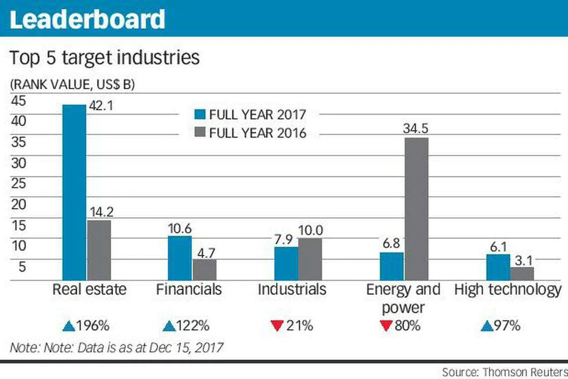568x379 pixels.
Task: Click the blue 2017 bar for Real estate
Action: click(74, 192)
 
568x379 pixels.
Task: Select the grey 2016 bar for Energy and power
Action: click(417, 209)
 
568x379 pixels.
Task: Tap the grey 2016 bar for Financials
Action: click(205, 269)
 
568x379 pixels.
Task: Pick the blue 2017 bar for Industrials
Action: click(286, 264)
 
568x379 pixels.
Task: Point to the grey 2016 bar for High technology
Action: click(522, 273)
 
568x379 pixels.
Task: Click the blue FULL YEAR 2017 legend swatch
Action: click(200, 114)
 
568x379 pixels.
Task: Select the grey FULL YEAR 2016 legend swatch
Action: click(200, 132)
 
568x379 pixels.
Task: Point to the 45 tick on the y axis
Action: click(19, 100)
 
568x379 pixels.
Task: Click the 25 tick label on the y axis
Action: click(19, 183)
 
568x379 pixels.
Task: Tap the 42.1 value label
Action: click(101, 106)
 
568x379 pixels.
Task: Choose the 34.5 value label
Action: click(416, 128)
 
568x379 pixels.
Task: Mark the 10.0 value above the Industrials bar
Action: click(310, 230)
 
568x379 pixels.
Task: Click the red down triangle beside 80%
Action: click(387, 325)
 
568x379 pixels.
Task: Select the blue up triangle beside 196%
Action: click(68, 326)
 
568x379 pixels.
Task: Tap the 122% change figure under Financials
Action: click(193, 326)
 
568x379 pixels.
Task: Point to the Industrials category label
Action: click(292, 289)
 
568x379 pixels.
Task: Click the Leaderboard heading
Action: click(87, 19)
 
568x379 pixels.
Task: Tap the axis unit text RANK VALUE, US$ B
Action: click(72, 84)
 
